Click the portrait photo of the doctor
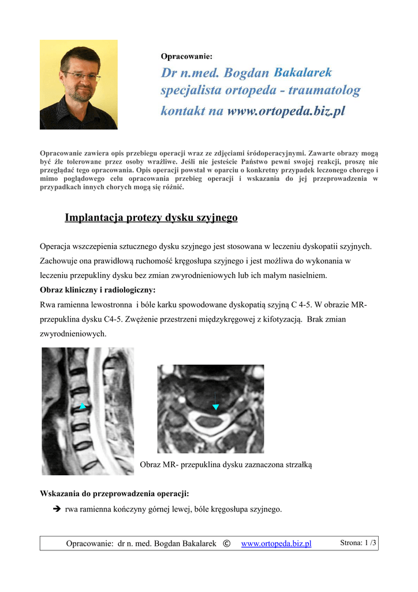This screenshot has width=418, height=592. (x=79, y=84)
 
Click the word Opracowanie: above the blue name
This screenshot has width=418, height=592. (x=186, y=57)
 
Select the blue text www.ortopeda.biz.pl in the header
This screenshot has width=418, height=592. (x=286, y=111)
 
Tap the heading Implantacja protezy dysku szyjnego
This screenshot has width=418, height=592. (x=151, y=218)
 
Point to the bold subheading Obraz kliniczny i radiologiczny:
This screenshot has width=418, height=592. (x=98, y=290)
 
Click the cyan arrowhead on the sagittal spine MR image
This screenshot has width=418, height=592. (x=83, y=406)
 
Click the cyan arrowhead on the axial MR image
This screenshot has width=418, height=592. (x=215, y=408)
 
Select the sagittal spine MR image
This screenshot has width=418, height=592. (x=88, y=411)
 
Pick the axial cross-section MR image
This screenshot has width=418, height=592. (x=211, y=409)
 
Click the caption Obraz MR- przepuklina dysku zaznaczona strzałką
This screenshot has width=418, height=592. (x=226, y=465)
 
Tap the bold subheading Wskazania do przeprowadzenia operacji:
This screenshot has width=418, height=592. (x=114, y=493)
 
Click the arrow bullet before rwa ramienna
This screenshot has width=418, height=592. (x=56, y=509)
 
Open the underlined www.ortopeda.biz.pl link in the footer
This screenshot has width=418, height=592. (x=276, y=543)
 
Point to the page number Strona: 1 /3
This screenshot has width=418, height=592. (x=358, y=543)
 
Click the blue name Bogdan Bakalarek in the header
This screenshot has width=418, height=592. (x=278, y=73)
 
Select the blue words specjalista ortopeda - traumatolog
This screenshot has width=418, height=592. (x=260, y=91)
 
